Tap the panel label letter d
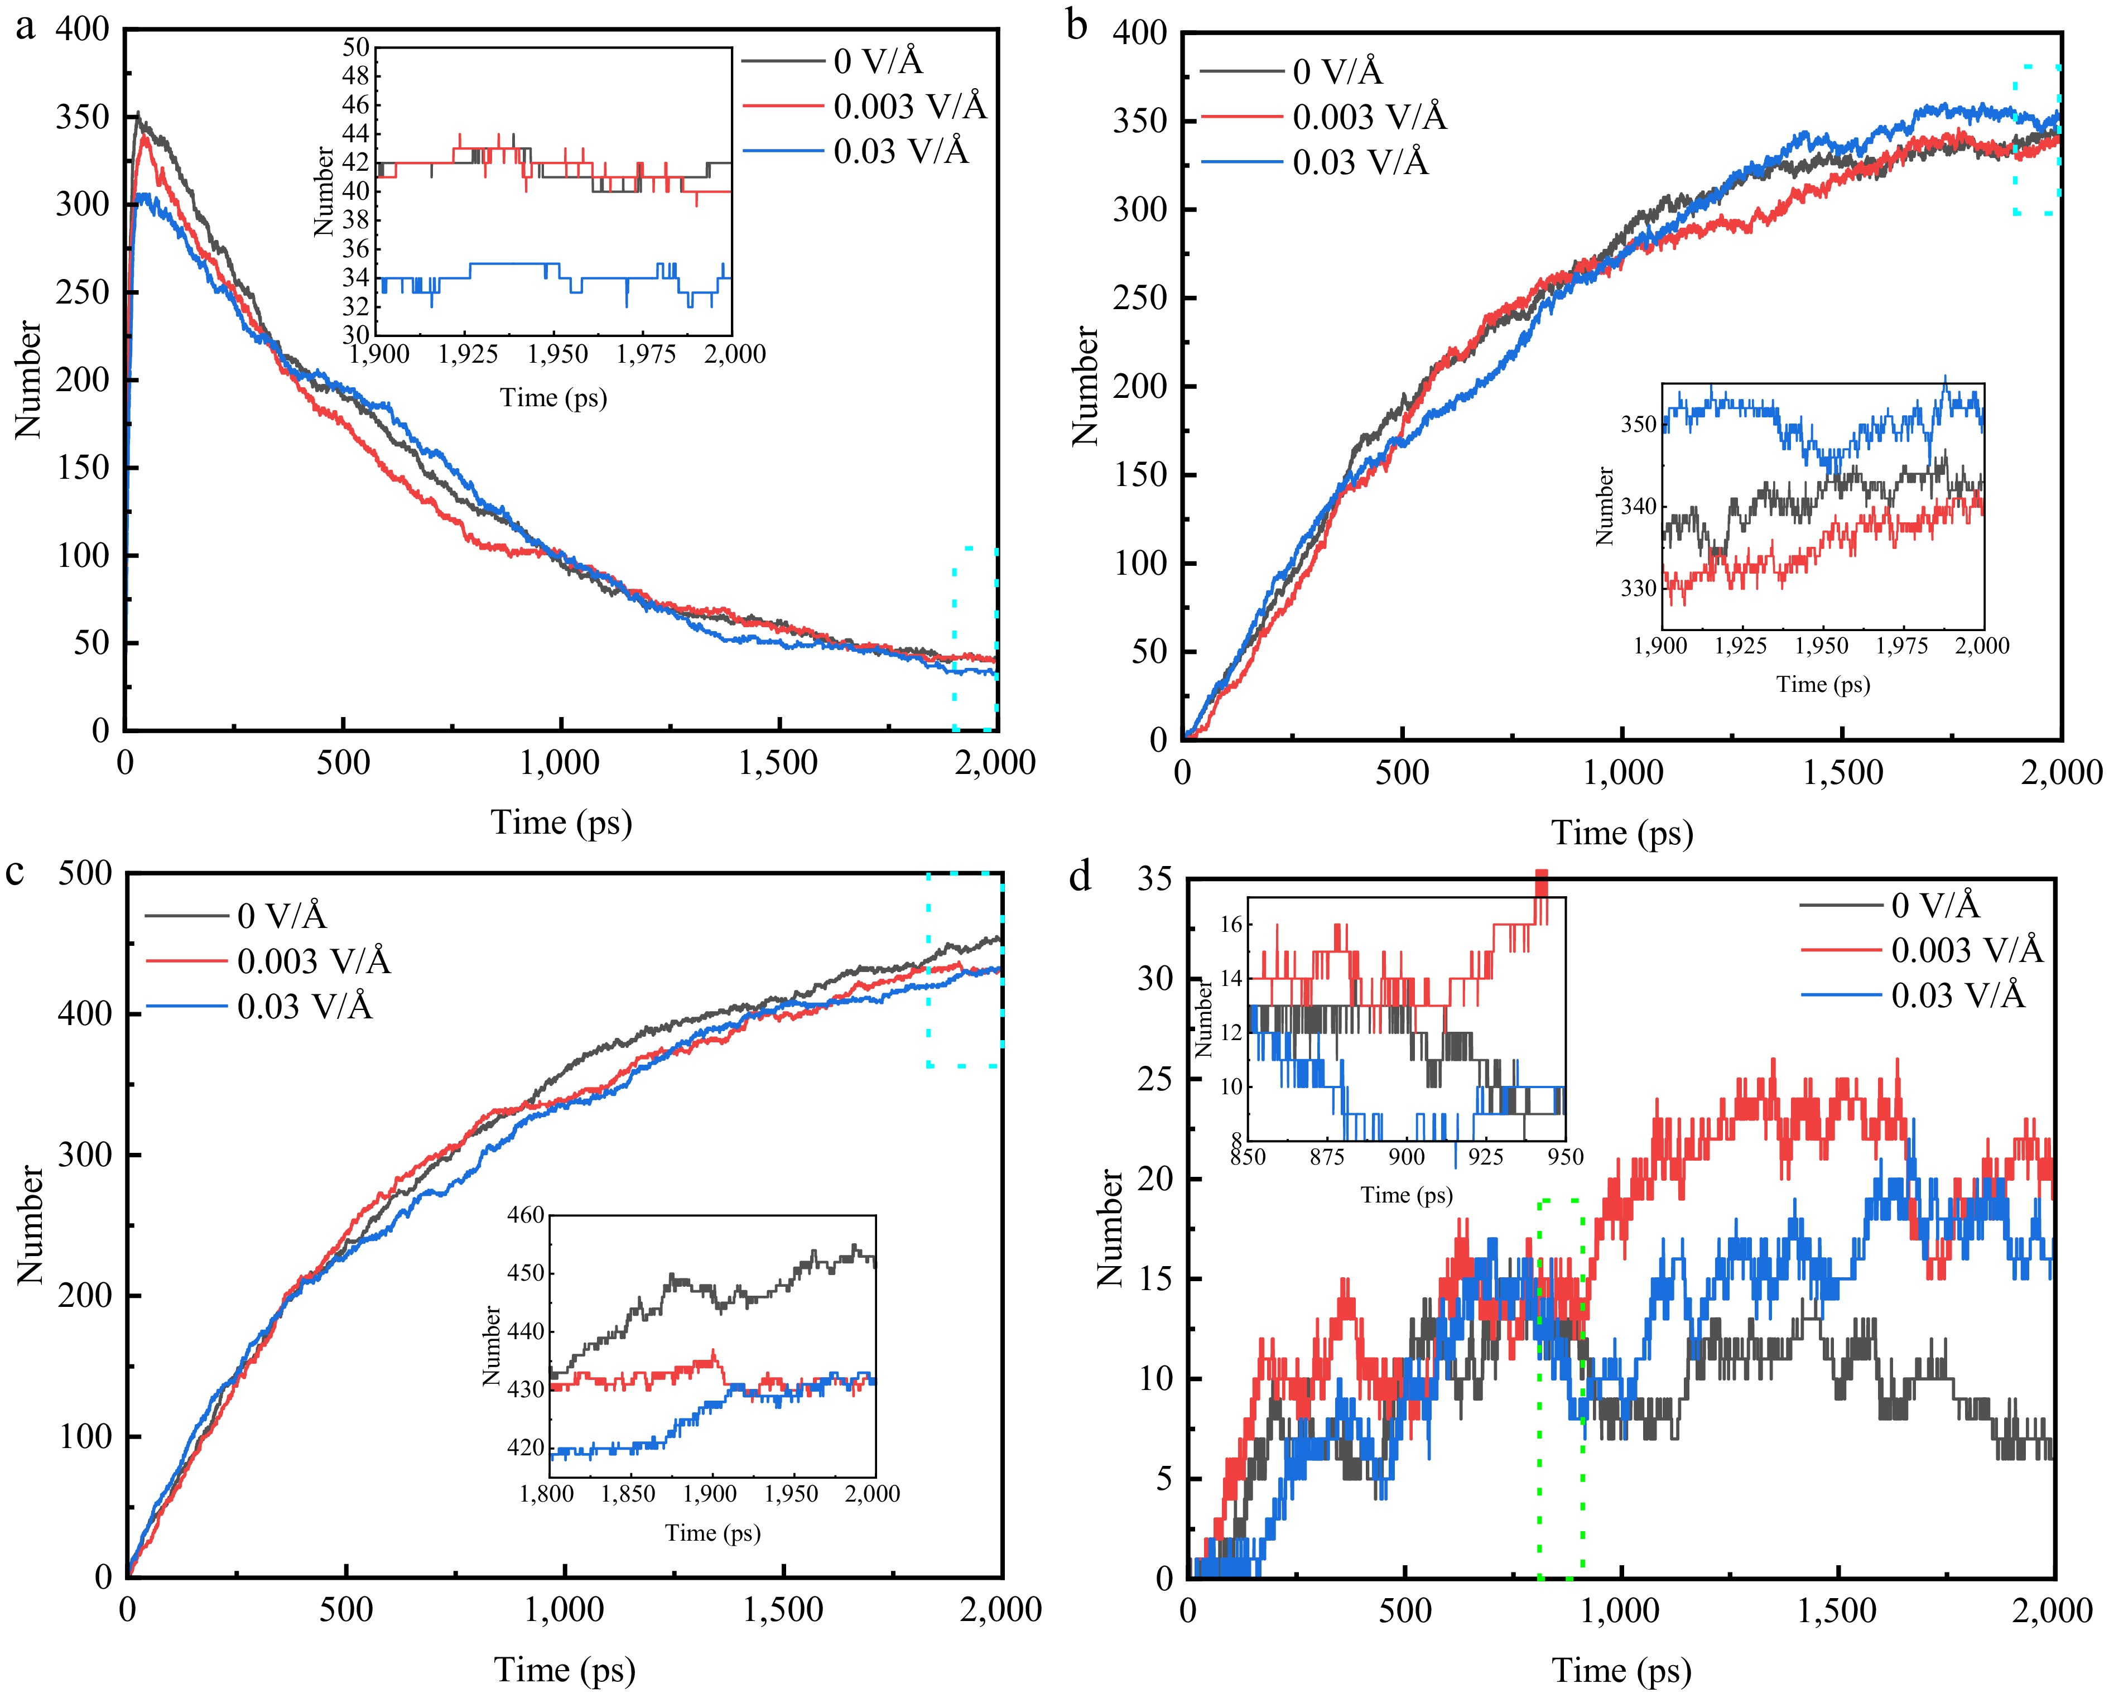[x=1080, y=876]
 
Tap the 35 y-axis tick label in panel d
[x=1155, y=879]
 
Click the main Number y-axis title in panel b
[x=1086, y=386]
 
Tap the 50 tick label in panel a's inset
[x=356, y=48]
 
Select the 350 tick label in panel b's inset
[x=1639, y=425]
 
